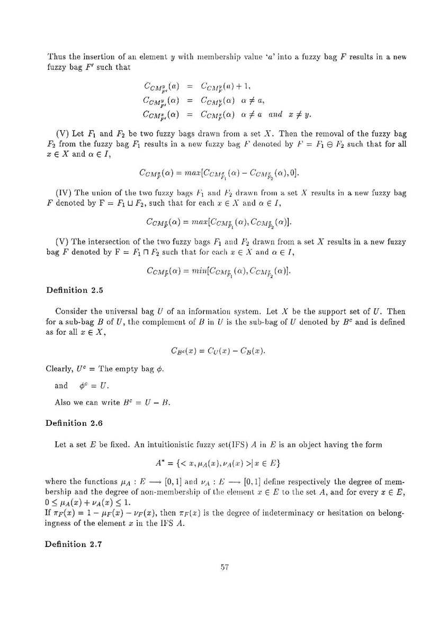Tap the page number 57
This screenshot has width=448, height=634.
point(224,567)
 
